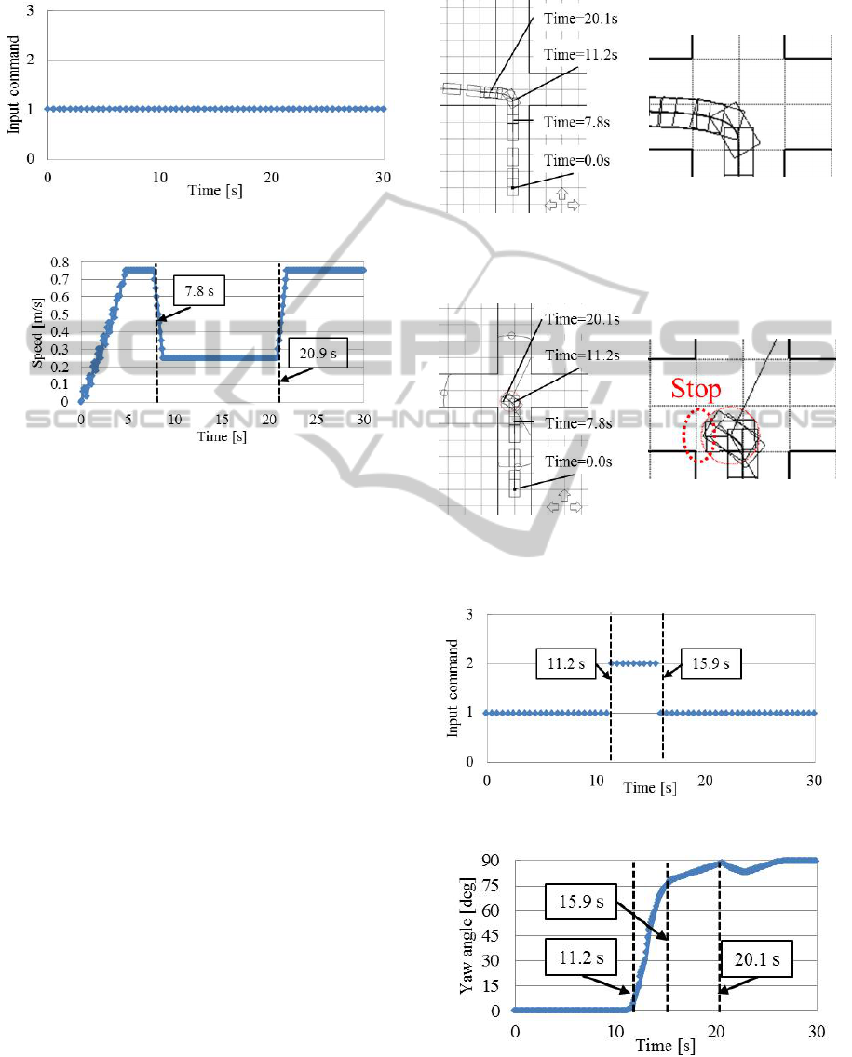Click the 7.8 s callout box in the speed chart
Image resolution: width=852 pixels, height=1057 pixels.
point(198,291)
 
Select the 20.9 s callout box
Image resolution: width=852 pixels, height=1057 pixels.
point(318,354)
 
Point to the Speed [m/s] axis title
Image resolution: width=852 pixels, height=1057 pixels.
point(37,333)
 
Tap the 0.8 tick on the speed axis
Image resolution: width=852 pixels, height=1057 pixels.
point(60,262)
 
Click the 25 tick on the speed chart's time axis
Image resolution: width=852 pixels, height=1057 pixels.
point(317,420)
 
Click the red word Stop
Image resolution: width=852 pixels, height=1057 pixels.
point(696,389)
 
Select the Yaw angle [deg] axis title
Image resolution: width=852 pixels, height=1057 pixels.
point(467,936)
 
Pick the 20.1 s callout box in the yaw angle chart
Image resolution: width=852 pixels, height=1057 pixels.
point(757,958)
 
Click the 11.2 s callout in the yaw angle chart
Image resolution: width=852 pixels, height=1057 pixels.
point(581,957)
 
